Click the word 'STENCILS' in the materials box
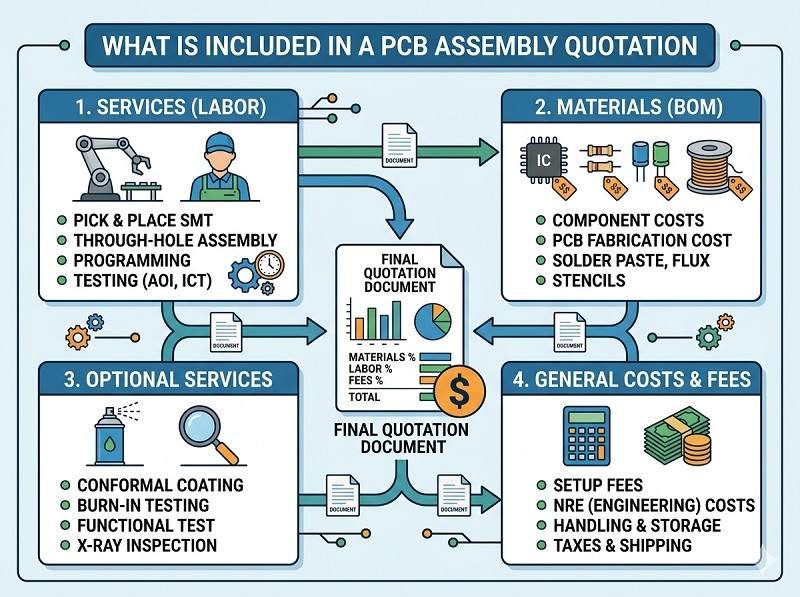[589, 281]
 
